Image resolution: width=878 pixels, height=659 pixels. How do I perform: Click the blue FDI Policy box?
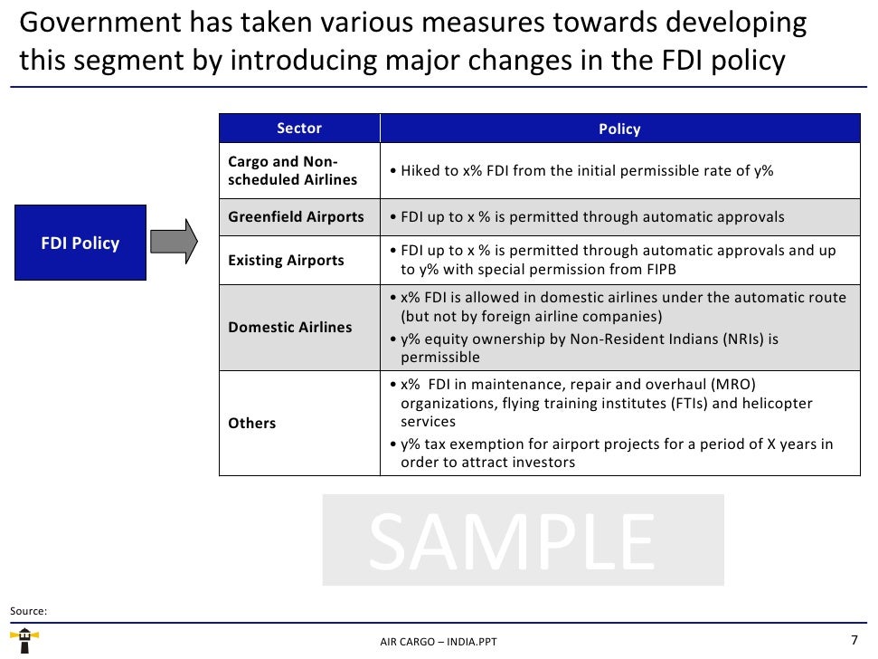click(80, 243)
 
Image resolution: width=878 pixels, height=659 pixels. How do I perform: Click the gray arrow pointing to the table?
click(173, 242)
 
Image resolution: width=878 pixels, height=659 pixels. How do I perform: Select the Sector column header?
click(299, 129)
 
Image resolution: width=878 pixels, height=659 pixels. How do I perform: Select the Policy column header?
click(619, 129)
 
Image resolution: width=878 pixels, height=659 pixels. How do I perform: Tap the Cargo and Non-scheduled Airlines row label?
click(292, 171)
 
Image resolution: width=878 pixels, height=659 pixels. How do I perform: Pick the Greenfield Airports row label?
click(296, 217)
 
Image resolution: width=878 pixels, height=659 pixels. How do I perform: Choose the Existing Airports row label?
click(286, 261)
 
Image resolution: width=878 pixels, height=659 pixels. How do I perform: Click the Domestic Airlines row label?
click(289, 327)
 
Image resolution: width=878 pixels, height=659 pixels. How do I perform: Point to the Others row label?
click(251, 423)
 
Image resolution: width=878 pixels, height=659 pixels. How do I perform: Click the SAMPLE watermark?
click(523, 540)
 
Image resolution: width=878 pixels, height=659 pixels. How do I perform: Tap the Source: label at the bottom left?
click(28, 611)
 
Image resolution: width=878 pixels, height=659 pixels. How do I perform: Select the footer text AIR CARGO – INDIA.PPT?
click(439, 642)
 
